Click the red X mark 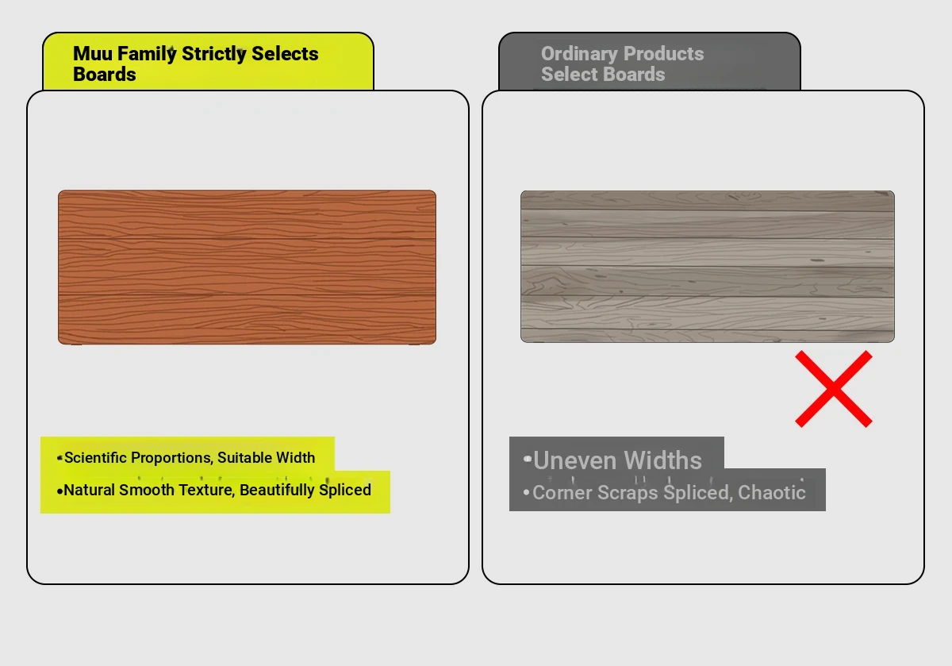[x=834, y=389]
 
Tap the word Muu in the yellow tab [x=93, y=54]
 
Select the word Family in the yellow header [x=147, y=55]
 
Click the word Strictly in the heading [x=213, y=55]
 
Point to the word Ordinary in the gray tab [x=579, y=55]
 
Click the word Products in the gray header [x=663, y=54]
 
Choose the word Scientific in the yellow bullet [x=96, y=457]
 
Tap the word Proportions [x=171, y=458]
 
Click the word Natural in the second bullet [x=89, y=490]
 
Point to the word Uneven [x=575, y=460]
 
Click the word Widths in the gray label [x=662, y=460]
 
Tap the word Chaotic [x=771, y=492]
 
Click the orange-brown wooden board [x=247, y=267]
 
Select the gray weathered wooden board [x=707, y=266]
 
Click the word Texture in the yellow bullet [x=205, y=490]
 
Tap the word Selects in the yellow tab [x=285, y=54]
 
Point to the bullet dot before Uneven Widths [x=528, y=459]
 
